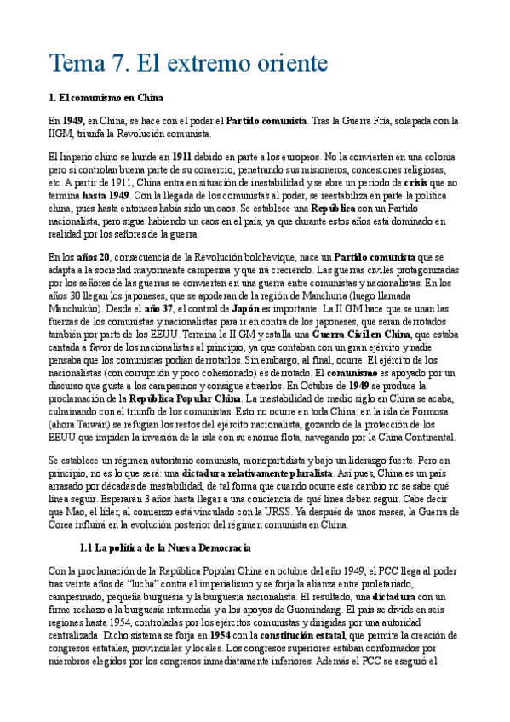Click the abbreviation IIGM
[61, 134]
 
